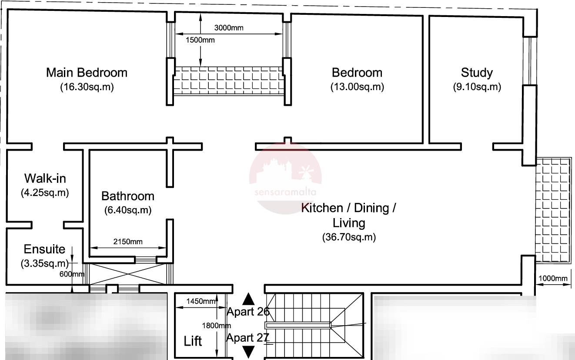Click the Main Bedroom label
[87, 72]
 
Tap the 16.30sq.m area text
[87, 87]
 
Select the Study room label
[477, 72]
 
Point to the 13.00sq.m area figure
[358, 87]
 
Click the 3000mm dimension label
[229, 28]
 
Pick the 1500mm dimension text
[200, 40]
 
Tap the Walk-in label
[45, 178]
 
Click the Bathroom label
[128, 196]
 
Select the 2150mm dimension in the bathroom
[128, 242]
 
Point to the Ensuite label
[44, 249]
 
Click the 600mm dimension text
[72, 274]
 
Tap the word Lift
[193, 341]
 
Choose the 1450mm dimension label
[201, 301]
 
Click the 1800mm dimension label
[217, 326]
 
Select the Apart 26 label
[248, 312]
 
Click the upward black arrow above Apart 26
[248, 299]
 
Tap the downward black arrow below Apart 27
[248, 352]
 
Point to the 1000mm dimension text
[553, 278]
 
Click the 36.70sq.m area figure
[349, 237]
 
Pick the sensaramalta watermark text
[285, 192]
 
